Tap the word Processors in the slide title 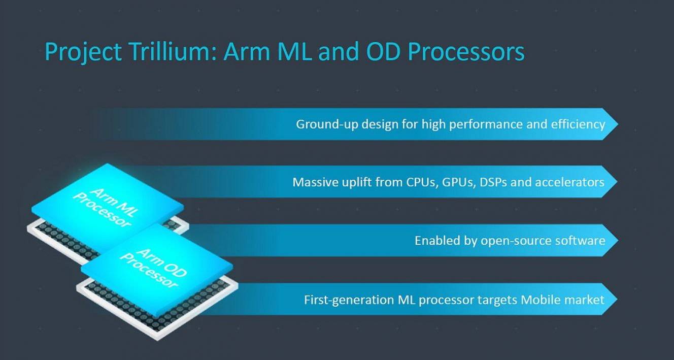pyautogui.click(x=466, y=51)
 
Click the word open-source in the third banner pyautogui.click(x=516, y=241)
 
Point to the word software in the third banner pyautogui.click(x=580, y=241)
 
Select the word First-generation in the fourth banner pyautogui.click(x=349, y=300)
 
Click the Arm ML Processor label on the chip pyautogui.click(x=106, y=207)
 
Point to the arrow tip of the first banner pyautogui.click(x=618, y=124)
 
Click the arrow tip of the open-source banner pyautogui.click(x=618, y=241)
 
